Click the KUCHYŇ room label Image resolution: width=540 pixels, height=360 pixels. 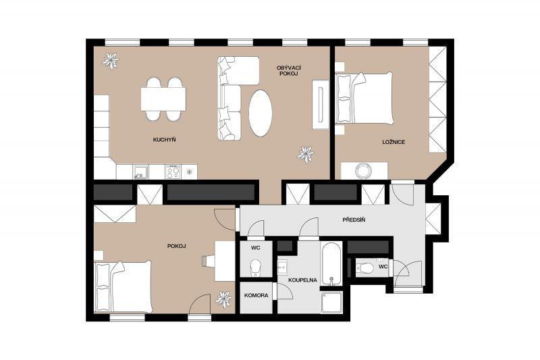point(164,140)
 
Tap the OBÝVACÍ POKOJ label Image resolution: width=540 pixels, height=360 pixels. point(287,71)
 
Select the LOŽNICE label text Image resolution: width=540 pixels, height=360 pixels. point(394,142)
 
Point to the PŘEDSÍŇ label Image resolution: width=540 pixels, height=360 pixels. point(354,220)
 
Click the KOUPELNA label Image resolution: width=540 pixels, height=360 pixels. point(302,280)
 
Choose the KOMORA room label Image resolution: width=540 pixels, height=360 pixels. point(256,296)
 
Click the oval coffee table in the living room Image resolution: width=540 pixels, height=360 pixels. point(261,113)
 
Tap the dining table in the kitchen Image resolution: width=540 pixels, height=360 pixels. point(163,99)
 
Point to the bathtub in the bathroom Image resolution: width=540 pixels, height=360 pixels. point(331,263)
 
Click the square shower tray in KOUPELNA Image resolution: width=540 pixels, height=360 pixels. point(331,303)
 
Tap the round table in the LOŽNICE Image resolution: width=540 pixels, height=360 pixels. point(363,170)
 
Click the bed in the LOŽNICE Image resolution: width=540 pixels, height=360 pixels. point(364,98)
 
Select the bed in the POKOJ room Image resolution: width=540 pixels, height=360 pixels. point(123,287)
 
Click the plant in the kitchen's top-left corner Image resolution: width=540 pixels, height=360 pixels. point(111,61)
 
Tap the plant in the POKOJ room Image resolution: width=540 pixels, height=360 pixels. point(223,299)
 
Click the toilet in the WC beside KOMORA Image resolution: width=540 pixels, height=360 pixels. point(256,267)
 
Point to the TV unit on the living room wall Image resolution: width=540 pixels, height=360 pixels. point(321,105)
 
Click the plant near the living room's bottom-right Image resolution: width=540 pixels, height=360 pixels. point(306,155)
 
